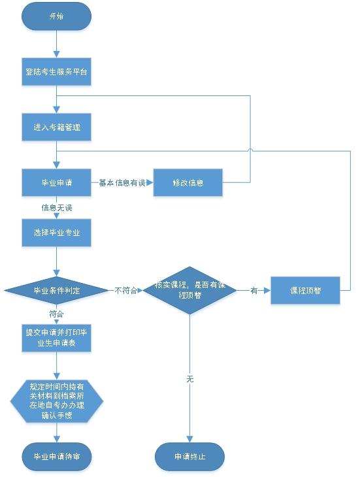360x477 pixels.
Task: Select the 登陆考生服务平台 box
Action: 57,72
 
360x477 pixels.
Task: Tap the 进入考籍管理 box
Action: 57,127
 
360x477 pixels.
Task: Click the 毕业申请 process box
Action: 57,183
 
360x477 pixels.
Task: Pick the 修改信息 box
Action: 188,183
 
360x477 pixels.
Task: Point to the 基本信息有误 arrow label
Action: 122,183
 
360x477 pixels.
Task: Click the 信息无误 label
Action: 57,208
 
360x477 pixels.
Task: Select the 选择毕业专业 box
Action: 57,233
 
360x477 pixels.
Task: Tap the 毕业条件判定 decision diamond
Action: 57,290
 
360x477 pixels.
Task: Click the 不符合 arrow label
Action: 125,290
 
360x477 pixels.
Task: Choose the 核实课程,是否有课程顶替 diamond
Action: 189,290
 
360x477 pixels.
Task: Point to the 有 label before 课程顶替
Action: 254,290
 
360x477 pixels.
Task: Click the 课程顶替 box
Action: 305,290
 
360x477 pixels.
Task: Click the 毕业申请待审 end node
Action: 57,455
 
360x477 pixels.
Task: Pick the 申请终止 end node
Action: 189,455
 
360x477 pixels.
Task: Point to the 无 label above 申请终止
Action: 189,379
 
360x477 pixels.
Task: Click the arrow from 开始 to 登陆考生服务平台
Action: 57,44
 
